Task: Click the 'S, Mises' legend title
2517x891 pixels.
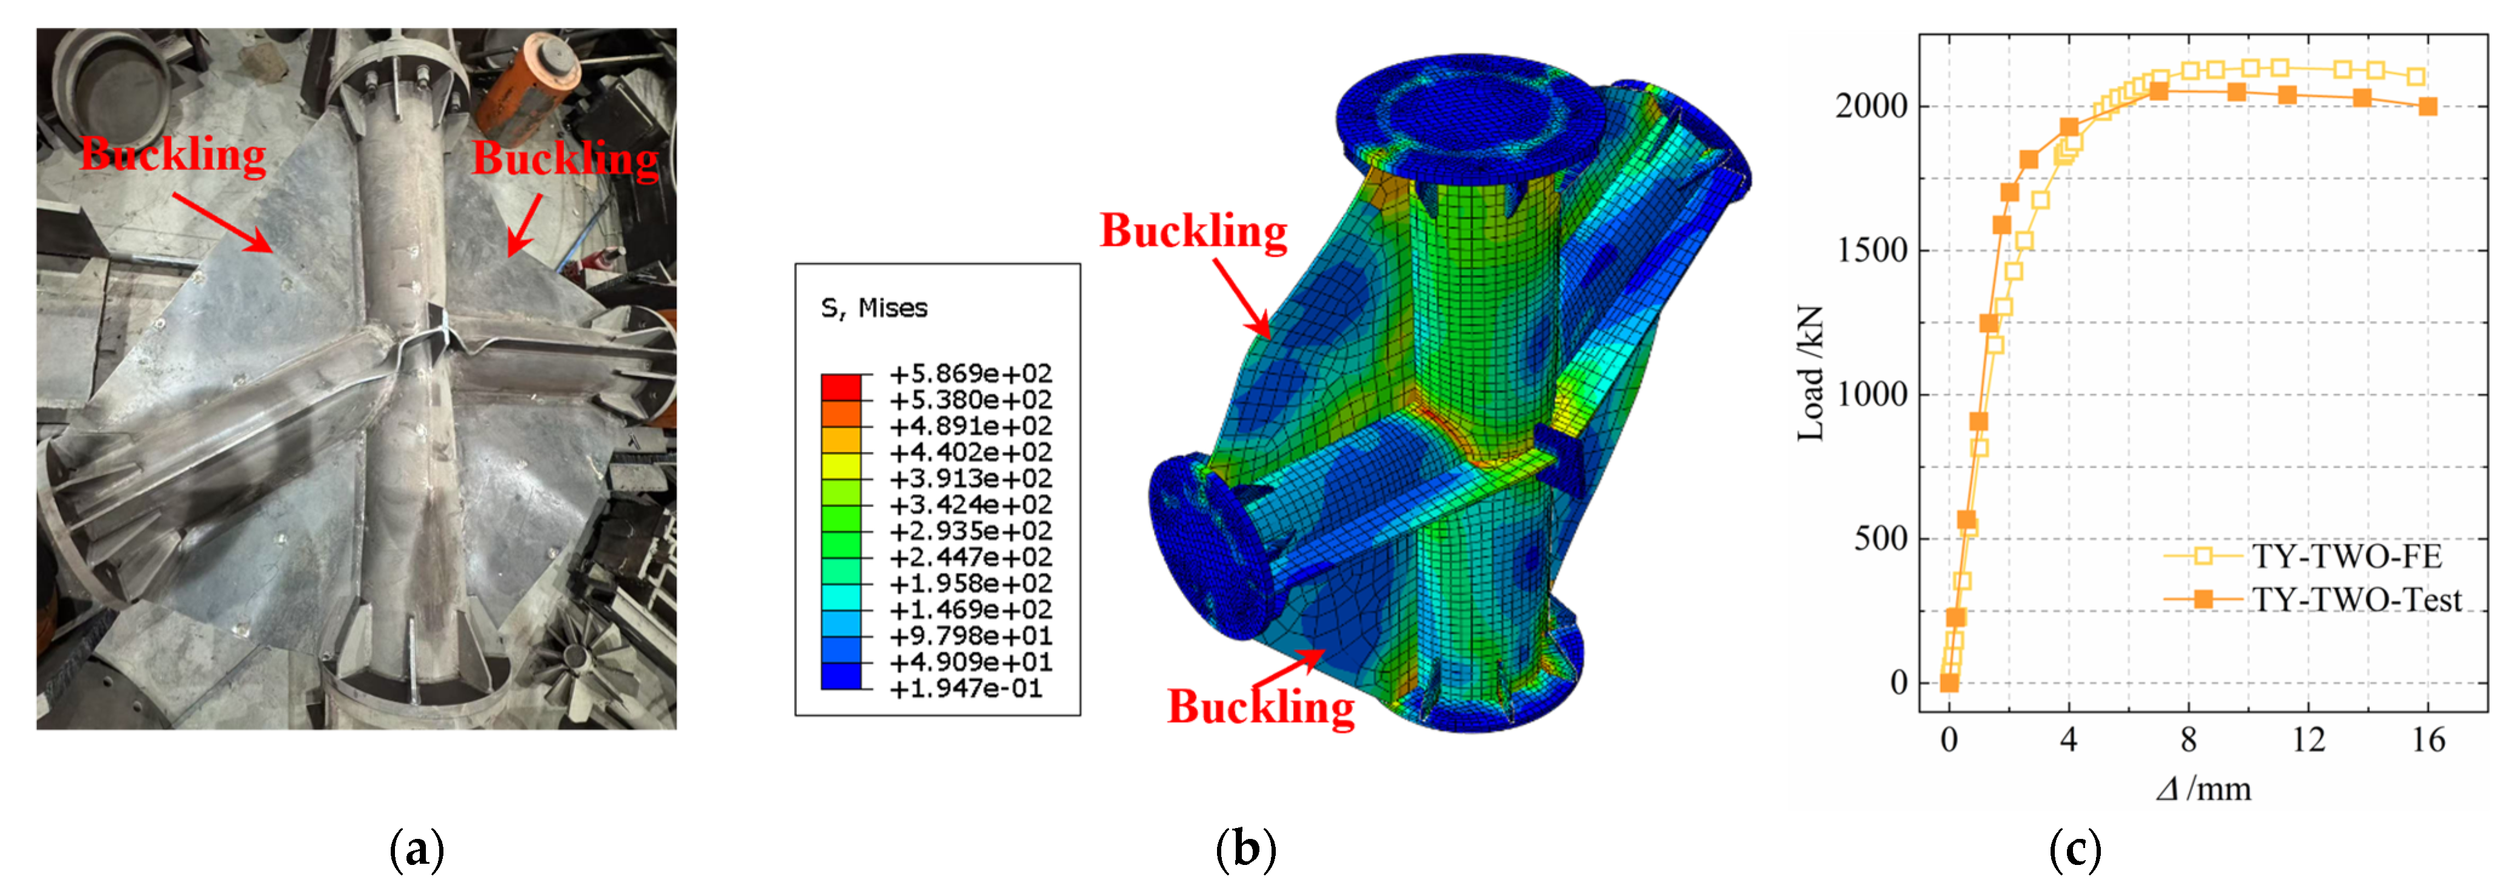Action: [874, 309]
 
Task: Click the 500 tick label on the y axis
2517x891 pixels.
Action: [1881, 538]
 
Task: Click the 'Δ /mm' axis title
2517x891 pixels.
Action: [2203, 789]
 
